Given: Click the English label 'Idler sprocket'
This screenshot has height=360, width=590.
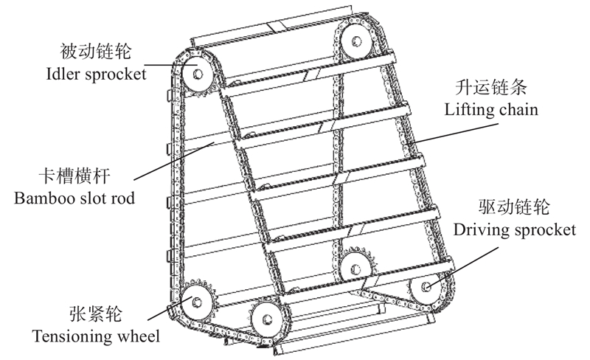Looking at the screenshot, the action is pyautogui.click(x=96, y=74).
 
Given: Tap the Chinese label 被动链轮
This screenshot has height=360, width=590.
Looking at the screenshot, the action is pyautogui.click(x=96, y=51).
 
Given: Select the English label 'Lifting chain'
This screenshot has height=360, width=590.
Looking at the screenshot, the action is pyautogui.click(x=491, y=110).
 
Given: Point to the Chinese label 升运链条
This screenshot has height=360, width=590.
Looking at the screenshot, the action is pyautogui.click(x=491, y=87).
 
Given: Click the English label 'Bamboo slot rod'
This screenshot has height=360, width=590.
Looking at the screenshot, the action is pyautogui.click(x=74, y=198).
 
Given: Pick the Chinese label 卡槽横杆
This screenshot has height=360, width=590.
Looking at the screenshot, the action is pyautogui.click(x=74, y=176).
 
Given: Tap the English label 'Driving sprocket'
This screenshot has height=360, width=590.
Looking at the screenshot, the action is pyautogui.click(x=514, y=229).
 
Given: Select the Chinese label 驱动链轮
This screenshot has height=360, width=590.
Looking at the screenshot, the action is pyautogui.click(x=514, y=207).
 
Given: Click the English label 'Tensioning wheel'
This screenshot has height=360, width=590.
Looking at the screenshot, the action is pyautogui.click(x=96, y=336).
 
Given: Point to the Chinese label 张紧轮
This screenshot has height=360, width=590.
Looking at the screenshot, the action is pyautogui.click(x=96, y=314).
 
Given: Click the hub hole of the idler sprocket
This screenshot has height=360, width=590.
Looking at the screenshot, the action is pyautogui.click(x=198, y=74).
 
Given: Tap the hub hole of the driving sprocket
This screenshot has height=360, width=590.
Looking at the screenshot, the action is pyautogui.click(x=426, y=286).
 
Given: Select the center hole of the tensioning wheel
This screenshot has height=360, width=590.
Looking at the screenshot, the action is pyautogui.click(x=196, y=302).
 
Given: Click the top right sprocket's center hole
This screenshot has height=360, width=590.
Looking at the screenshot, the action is pyautogui.click(x=356, y=41).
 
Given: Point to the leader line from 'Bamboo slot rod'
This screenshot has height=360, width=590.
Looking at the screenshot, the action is pyautogui.click(x=174, y=161).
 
